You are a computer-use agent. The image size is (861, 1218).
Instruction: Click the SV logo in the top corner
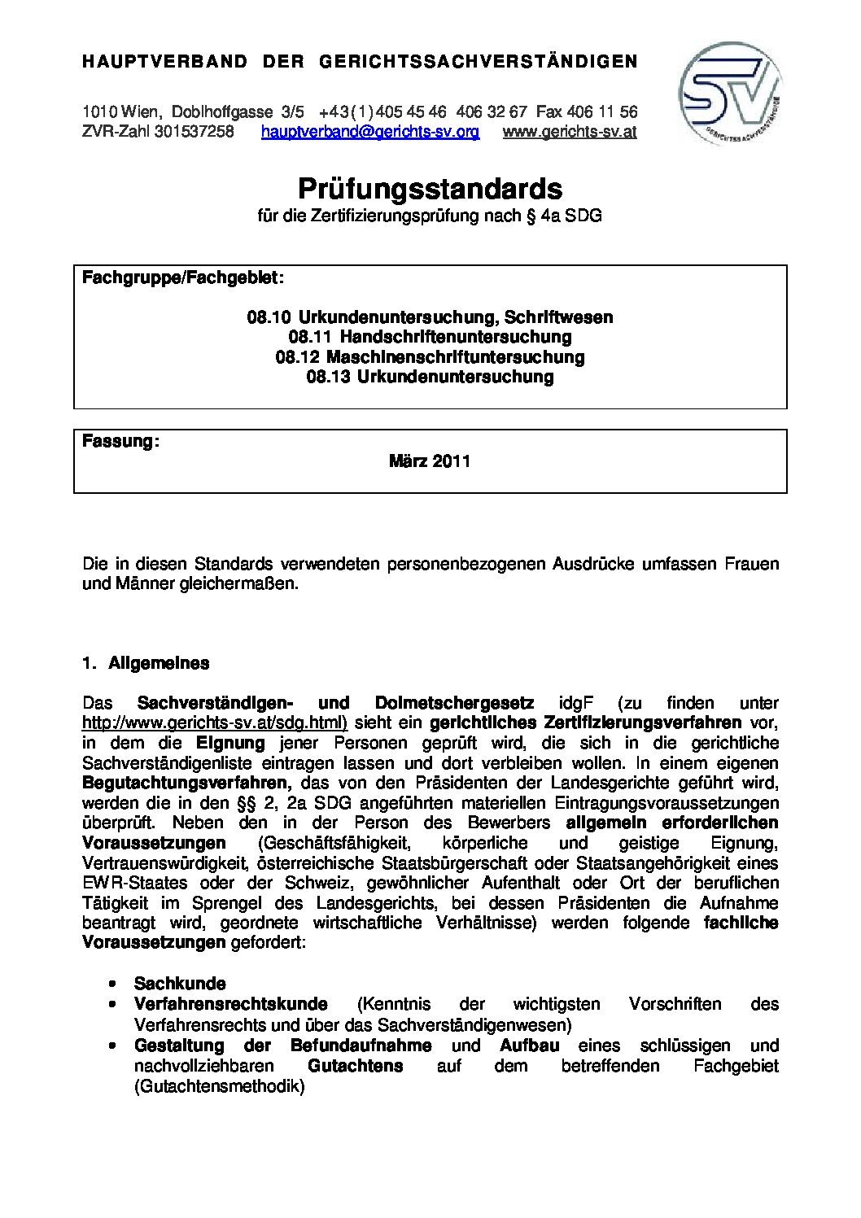click(x=731, y=93)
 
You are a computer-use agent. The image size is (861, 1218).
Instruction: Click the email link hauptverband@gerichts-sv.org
click(x=370, y=132)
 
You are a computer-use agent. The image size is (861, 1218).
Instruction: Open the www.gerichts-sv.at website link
click(x=570, y=132)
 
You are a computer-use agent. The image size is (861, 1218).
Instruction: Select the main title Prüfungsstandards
click(x=430, y=189)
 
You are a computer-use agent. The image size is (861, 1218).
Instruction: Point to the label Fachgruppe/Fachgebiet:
click(x=183, y=277)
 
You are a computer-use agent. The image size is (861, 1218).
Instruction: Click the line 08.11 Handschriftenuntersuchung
click(x=430, y=337)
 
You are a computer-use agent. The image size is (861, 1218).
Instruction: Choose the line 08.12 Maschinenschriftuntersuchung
click(x=430, y=357)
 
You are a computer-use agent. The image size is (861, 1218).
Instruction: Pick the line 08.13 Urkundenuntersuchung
click(x=430, y=377)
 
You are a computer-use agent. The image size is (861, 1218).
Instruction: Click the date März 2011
click(x=430, y=461)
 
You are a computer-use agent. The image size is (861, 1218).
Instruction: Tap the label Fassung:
click(x=120, y=441)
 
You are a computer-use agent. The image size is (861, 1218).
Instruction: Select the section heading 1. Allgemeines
click(x=146, y=663)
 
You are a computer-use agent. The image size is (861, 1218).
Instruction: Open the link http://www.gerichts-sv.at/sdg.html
click(x=215, y=723)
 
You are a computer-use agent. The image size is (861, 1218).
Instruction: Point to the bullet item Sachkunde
click(x=180, y=983)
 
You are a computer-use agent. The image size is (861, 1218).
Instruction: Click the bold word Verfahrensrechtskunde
click(x=231, y=1004)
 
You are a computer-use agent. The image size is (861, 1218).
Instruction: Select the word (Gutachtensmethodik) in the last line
click(x=219, y=1086)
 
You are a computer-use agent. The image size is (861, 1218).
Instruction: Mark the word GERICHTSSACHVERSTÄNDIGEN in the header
click(x=479, y=62)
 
